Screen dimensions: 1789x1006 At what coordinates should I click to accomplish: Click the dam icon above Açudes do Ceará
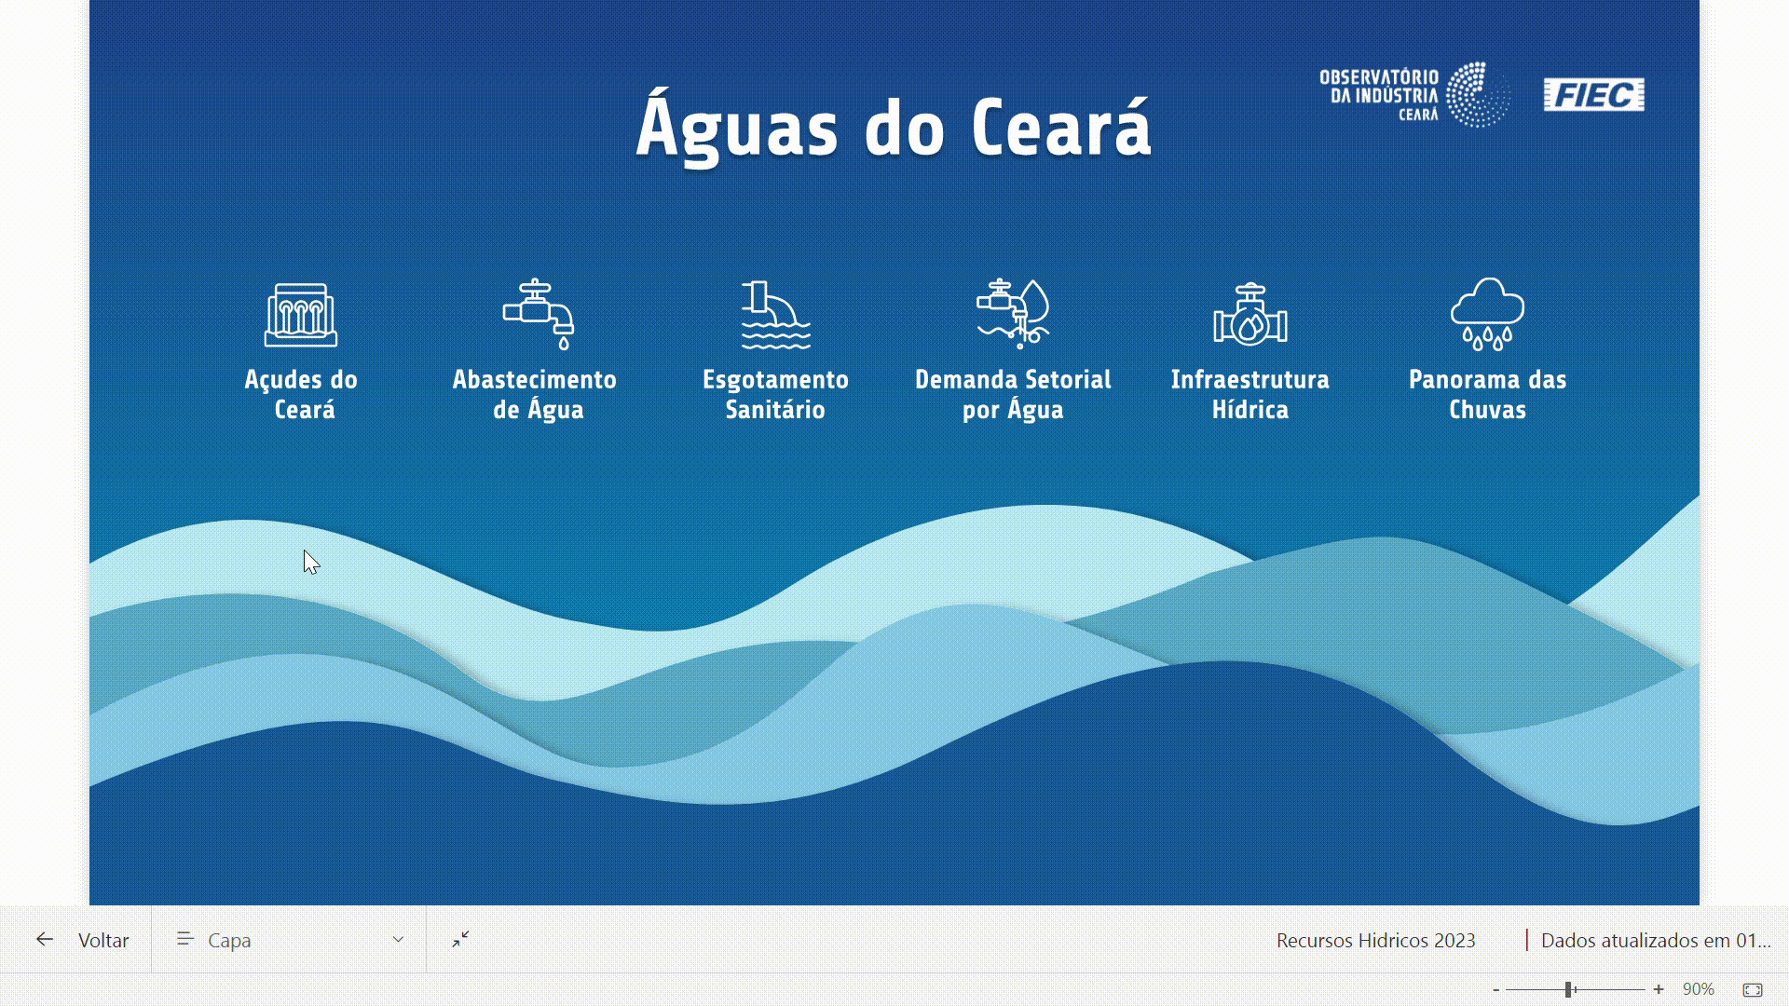(300, 315)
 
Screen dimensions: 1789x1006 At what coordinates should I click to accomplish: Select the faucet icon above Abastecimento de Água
(539, 314)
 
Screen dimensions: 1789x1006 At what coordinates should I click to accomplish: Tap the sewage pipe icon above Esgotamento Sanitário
(775, 315)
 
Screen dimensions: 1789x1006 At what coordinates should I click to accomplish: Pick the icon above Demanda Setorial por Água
(1013, 314)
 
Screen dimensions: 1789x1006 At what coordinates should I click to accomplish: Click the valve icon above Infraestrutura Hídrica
(1250, 315)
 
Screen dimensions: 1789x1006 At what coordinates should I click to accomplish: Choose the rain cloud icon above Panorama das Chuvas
(1487, 314)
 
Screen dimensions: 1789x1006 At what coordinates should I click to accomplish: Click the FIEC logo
(1593, 95)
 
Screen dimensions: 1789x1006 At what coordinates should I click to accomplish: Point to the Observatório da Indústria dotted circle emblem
(1479, 95)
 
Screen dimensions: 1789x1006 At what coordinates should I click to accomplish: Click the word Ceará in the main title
(1061, 129)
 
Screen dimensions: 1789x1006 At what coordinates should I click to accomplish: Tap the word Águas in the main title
(737, 129)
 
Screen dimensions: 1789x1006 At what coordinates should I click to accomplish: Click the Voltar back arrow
(45, 939)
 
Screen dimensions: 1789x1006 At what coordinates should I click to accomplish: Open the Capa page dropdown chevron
(398, 939)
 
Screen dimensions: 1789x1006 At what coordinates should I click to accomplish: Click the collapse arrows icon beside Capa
(460, 939)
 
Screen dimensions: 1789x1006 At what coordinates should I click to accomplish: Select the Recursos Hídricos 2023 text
(1375, 941)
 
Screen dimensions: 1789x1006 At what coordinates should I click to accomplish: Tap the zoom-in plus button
(1659, 989)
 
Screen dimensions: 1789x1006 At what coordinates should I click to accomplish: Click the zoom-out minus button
(1496, 989)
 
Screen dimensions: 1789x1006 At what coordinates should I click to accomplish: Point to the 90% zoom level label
(1699, 989)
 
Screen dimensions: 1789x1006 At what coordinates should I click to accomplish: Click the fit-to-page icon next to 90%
(1753, 989)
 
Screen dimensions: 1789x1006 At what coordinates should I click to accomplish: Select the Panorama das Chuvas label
(1487, 394)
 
